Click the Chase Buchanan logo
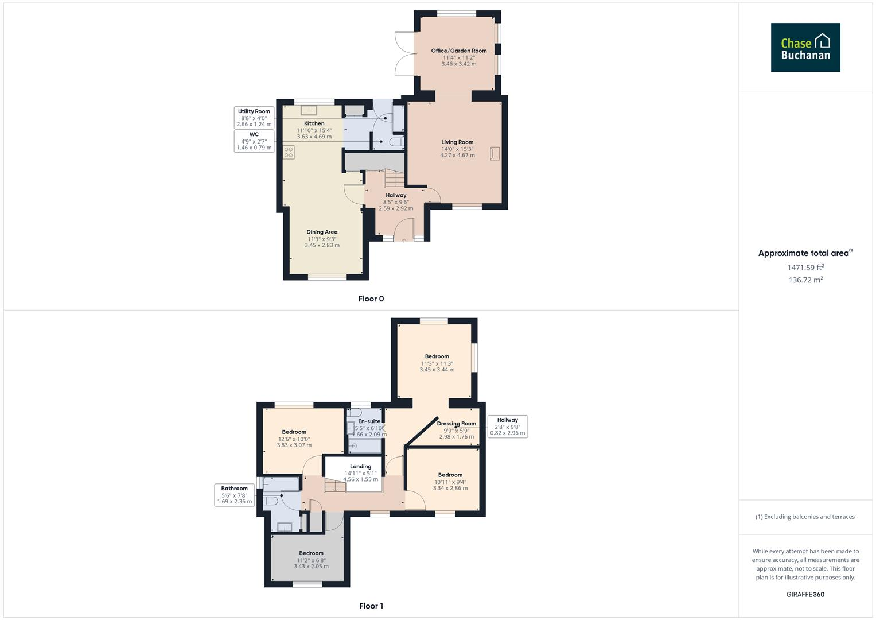click(x=805, y=48)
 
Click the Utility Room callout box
click(x=254, y=118)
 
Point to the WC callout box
click(x=254, y=141)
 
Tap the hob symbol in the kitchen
click(x=289, y=152)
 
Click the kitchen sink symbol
click(x=309, y=111)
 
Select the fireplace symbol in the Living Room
click(x=495, y=153)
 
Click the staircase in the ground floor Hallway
click(x=394, y=179)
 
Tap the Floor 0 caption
click(x=371, y=299)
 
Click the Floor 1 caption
click(x=371, y=606)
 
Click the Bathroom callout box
click(x=235, y=495)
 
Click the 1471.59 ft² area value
click(x=805, y=268)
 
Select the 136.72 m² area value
click(x=805, y=280)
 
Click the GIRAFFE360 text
click(x=805, y=594)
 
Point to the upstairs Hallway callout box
click(x=507, y=427)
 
